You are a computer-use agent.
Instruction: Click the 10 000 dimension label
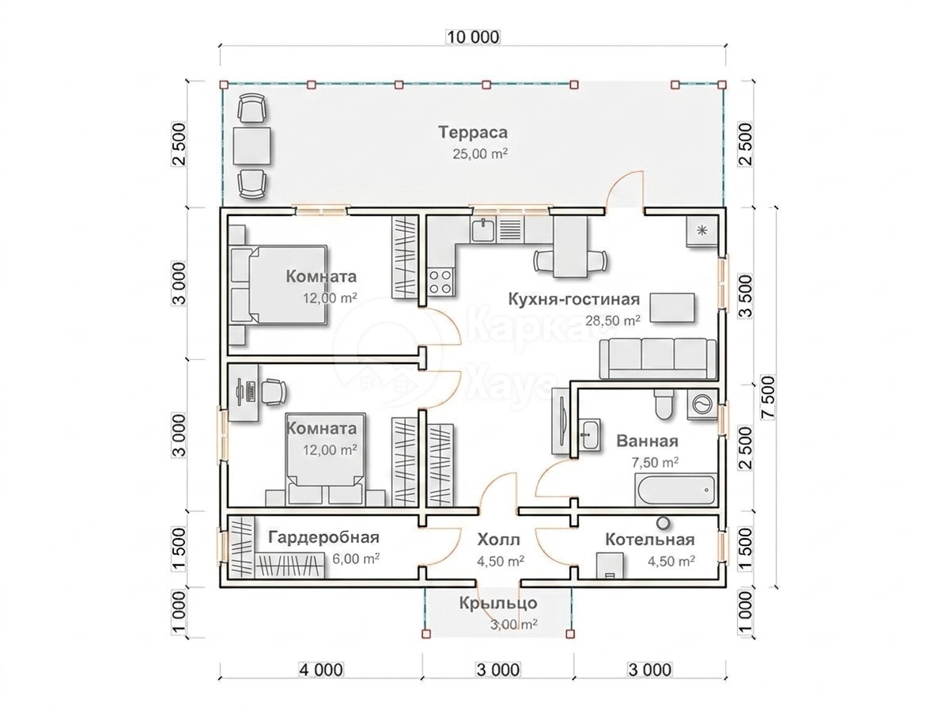click(x=473, y=37)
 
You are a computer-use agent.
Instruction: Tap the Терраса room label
click(x=473, y=132)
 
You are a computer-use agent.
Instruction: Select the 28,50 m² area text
click(x=613, y=320)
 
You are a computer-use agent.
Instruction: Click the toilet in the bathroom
click(x=664, y=404)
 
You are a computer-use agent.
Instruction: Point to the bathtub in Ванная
click(x=675, y=489)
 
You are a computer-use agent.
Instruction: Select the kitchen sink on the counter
click(x=483, y=229)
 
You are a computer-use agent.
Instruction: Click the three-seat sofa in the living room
click(x=657, y=359)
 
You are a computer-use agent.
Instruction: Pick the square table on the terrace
click(x=252, y=146)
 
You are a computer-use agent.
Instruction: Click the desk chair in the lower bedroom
click(x=274, y=392)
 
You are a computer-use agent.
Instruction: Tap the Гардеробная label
click(x=323, y=537)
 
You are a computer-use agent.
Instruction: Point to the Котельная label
click(x=650, y=540)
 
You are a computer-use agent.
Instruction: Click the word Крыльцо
click(x=498, y=603)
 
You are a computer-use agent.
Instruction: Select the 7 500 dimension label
click(x=768, y=397)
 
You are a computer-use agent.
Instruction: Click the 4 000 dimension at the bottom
click(x=321, y=670)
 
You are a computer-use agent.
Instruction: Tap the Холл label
click(x=498, y=540)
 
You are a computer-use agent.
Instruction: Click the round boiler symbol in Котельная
click(x=662, y=523)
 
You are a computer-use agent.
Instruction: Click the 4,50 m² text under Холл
click(x=501, y=561)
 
